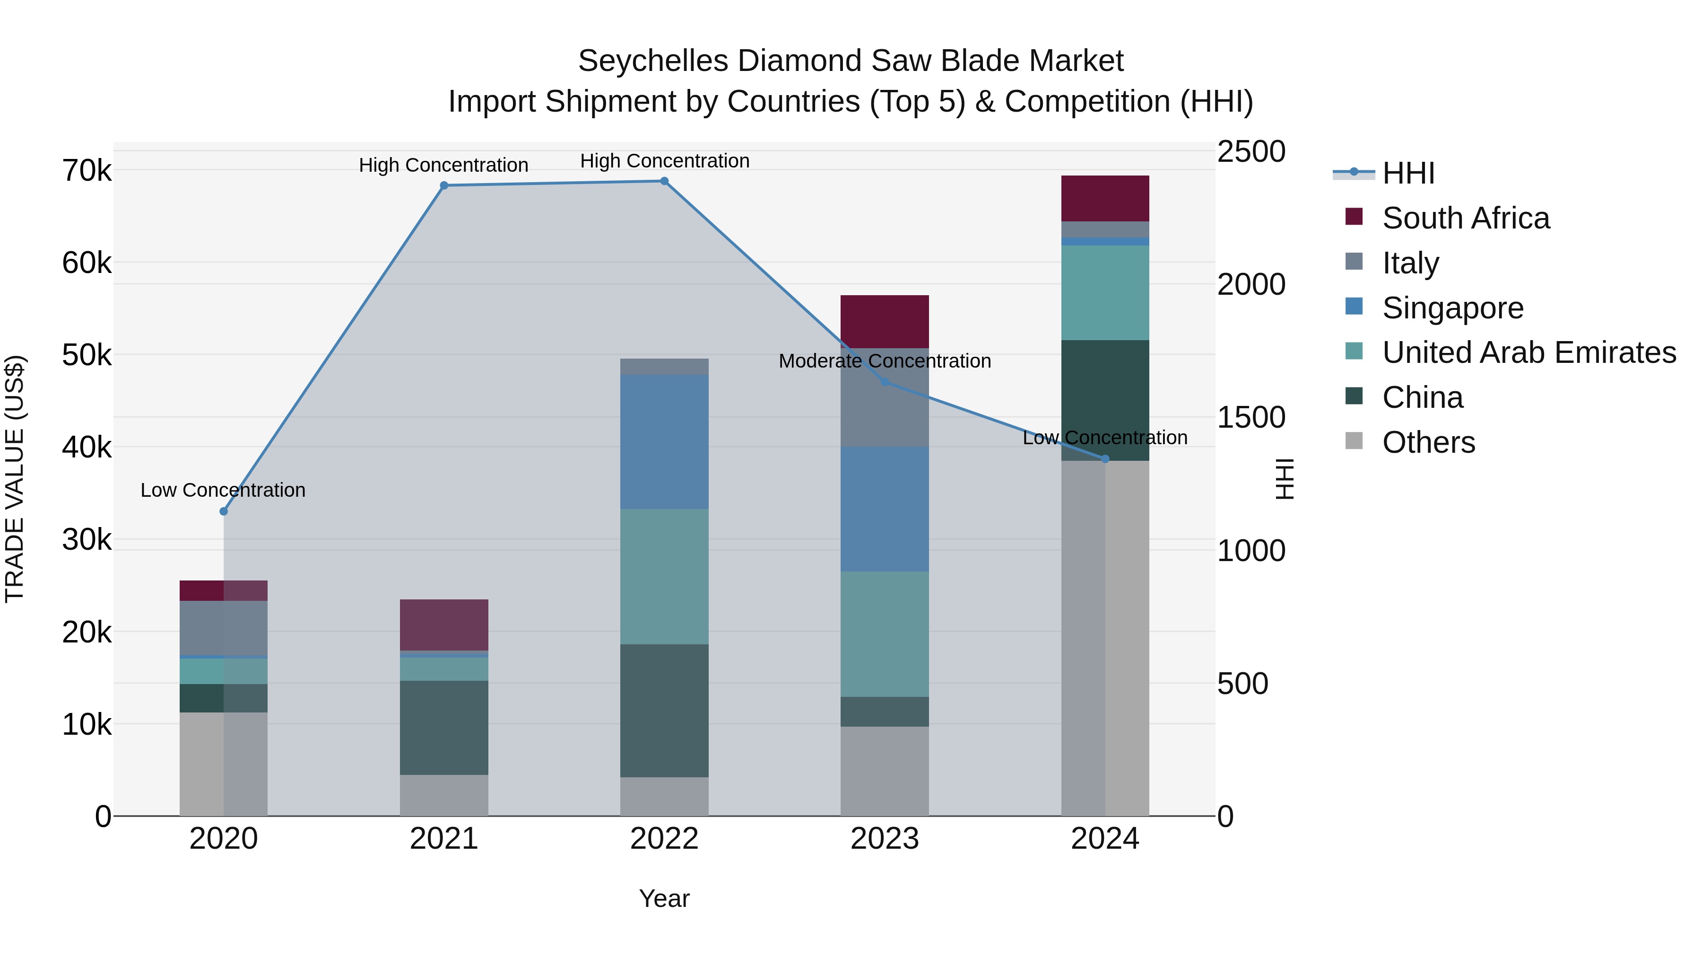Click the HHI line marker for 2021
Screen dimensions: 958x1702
444,186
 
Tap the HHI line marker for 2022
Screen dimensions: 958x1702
665,181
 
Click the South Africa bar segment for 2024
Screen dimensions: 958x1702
1105,198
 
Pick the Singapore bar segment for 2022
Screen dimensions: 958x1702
664,442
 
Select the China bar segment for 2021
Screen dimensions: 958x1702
444,727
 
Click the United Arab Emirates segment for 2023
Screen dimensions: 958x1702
885,633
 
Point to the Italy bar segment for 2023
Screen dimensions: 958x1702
885,397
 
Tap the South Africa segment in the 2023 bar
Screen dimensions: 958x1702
885,321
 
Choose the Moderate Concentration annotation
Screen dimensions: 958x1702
885,361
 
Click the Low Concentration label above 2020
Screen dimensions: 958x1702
223,490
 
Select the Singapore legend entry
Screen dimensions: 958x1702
1452,308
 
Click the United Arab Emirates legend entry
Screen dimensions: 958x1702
1528,352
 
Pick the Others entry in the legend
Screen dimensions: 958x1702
1428,442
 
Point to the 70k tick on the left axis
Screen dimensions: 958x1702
87,171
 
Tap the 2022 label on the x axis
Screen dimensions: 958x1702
664,838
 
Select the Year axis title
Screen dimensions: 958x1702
664,898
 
